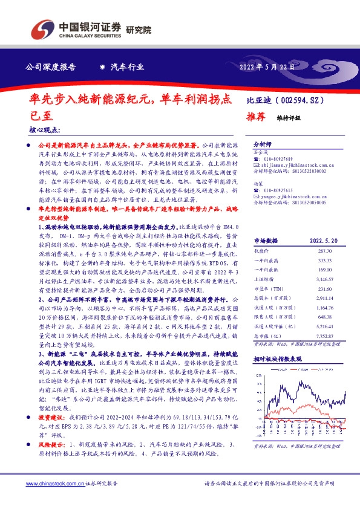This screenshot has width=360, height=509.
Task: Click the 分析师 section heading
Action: coord(262,145)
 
